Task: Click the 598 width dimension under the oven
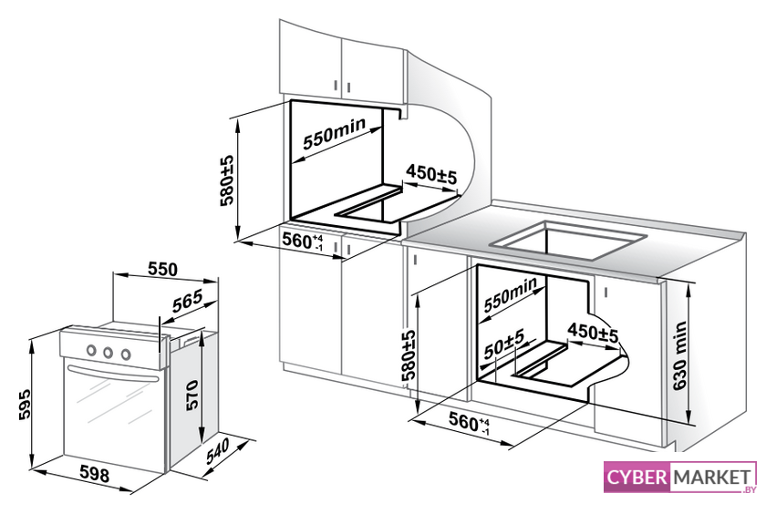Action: [x=94, y=474]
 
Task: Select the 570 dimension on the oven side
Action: [x=191, y=395]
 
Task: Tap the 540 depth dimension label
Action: [x=217, y=451]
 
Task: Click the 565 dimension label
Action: [x=187, y=302]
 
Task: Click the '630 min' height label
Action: [x=679, y=355]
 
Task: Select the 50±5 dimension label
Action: [x=504, y=344]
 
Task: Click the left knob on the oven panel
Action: [x=90, y=350]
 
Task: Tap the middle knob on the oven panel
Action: [x=108, y=352]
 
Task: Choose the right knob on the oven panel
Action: [x=126, y=354]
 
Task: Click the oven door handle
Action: [x=113, y=373]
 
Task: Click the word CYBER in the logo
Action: [x=637, y=477]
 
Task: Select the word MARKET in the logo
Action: [x=711, y=477]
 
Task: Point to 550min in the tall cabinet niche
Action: [x=334, y=133]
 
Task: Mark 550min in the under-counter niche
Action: [x=511, y=294]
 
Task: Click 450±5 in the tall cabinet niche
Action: [x=431, y=174]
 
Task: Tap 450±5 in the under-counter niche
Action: [x=593, y=333]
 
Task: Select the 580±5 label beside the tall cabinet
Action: [x=227, y=180]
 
